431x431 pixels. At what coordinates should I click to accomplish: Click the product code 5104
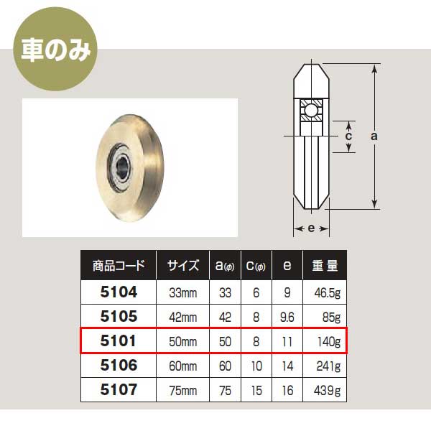click(x=119, y=292)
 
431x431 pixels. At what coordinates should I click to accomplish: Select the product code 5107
click(x=119, y=389)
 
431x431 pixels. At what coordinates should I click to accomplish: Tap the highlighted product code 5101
click(x=119, y=340)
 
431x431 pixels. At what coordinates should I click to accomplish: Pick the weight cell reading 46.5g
click(x=327, y=293)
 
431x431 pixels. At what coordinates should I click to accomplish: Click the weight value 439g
click(x=327, y=391)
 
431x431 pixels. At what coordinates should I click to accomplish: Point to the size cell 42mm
click(x=182, y=318)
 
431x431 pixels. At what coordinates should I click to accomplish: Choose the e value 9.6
click(x=287, y=318)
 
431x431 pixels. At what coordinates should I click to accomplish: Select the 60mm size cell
click(x=182, y=366)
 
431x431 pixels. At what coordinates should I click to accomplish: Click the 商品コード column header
click(x=119, y=266)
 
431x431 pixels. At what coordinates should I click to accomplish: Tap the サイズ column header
click(x=182, y=266)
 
